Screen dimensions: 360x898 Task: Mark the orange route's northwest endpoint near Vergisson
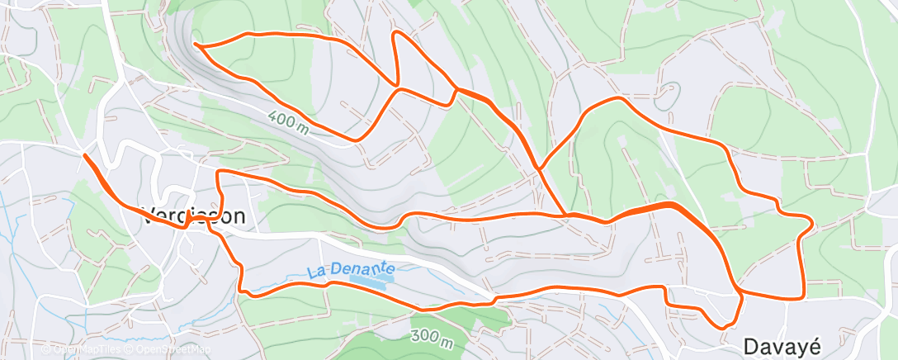pos(84,154)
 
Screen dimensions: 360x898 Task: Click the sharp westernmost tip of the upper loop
pos(194,43)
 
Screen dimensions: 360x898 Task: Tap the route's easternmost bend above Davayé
pos(813,221)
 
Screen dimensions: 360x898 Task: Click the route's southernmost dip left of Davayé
pos(724,328)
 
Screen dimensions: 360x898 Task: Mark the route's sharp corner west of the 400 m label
pos(217,172)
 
